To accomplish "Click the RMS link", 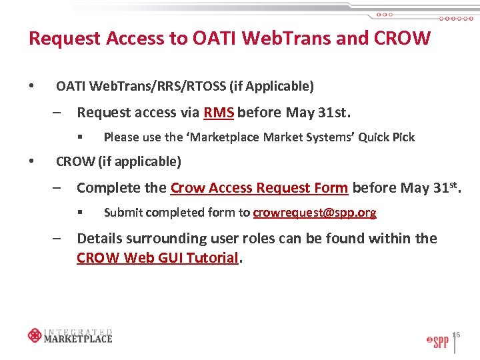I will click(x=219, y=112).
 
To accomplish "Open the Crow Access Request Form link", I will click(x=259, y=188).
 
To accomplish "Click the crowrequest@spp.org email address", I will click(x=315, y=213).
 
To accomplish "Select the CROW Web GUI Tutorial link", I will click(x=157, y=258).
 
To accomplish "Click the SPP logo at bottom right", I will click(x=437, y=341).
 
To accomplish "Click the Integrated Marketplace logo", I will click(x=70, y=335).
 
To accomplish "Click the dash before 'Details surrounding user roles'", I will click(x=58, y=239).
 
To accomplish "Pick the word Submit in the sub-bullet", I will click(x=122, y=213).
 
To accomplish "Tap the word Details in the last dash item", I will click(x=99, y=239).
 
